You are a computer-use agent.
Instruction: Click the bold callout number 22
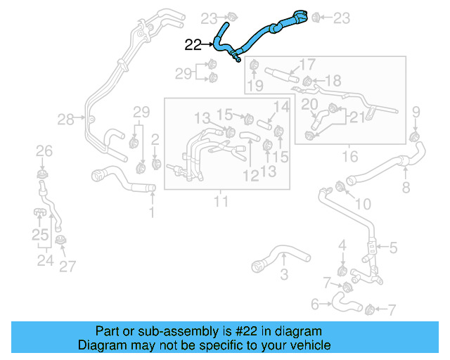(x=193, y=46)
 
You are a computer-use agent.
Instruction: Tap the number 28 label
(x=65, y=120)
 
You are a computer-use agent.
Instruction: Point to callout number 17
(x=307, y=65)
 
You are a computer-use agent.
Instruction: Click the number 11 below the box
(x=221, y=202)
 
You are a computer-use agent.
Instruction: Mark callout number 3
(x=283, y=274)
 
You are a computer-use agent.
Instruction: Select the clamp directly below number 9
(x=414, y=134)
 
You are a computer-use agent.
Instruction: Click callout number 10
(x=362, y=205)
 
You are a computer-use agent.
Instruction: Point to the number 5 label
(x=393, y=247)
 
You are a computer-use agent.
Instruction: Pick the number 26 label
(x=44, y=151)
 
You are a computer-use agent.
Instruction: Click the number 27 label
(x=67, y=266)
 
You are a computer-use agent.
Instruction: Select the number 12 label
(x=251, y=176)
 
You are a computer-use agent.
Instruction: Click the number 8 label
(x=406, y=188)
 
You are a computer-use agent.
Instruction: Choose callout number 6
(x=314, y=304)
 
